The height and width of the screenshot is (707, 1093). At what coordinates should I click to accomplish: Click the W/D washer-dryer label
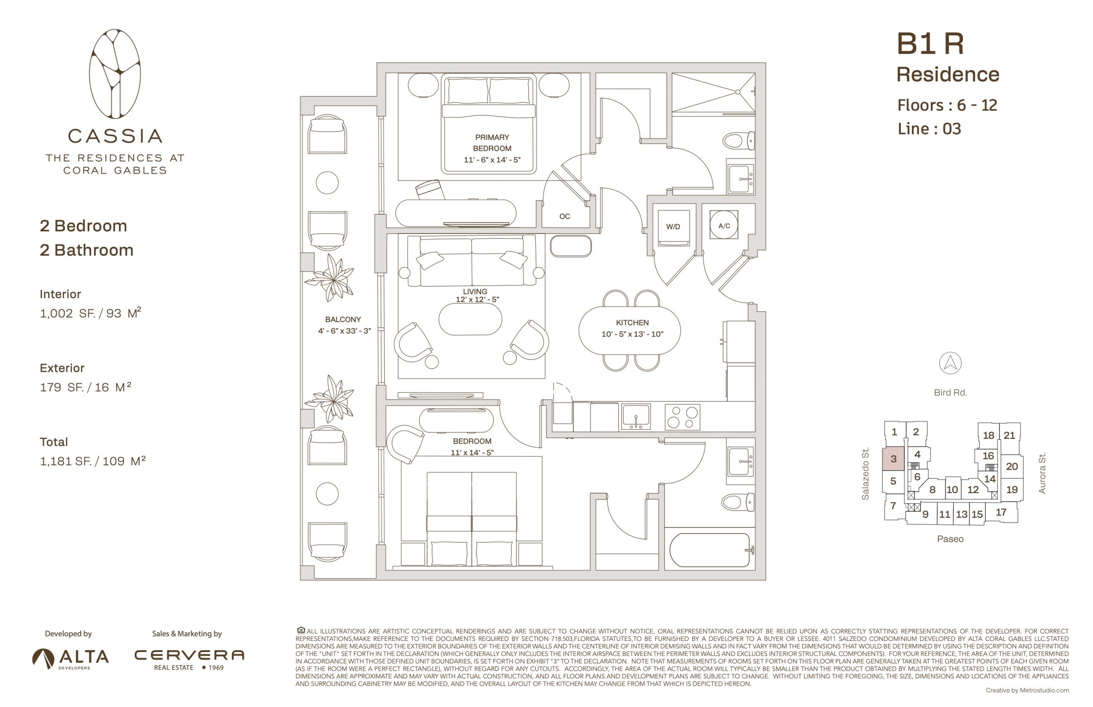(x=673, y=227)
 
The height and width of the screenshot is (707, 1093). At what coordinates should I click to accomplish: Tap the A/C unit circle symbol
(x=724, y=225)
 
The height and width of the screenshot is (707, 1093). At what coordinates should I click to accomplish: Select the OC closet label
(x=564, y=216)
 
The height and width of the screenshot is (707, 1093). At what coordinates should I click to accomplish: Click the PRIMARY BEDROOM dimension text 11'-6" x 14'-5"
(x=492, y=160)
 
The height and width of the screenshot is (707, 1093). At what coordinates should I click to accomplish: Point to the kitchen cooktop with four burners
(x=682, y=417)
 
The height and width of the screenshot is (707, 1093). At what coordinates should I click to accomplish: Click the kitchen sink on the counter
(x=635, y=416)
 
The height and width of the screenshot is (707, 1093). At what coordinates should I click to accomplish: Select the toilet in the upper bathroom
(x=738, y=140)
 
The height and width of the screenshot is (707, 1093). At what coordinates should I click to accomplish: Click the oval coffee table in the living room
(x=470, y=319)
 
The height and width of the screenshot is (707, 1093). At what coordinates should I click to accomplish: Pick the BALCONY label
(x=343, y=319)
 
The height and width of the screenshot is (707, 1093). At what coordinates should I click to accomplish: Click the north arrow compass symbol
(x=950, y=363)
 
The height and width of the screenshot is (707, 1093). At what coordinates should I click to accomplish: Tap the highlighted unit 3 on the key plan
(x=893, y=459)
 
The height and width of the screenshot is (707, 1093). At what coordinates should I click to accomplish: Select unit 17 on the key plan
(x=1001, y=512)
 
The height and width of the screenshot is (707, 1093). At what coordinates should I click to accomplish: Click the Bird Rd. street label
(x=950, y=392)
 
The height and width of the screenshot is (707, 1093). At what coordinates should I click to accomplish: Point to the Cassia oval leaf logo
(x=115, y=74)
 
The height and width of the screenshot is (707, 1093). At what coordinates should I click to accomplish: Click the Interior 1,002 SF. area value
(x=91, y=313)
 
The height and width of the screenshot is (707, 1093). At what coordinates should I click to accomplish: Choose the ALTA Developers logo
(x=70, y=659)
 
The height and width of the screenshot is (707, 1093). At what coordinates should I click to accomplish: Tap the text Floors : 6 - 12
(x=947, y=105)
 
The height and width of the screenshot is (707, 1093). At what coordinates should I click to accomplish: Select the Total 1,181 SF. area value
(x=93, y=461)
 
